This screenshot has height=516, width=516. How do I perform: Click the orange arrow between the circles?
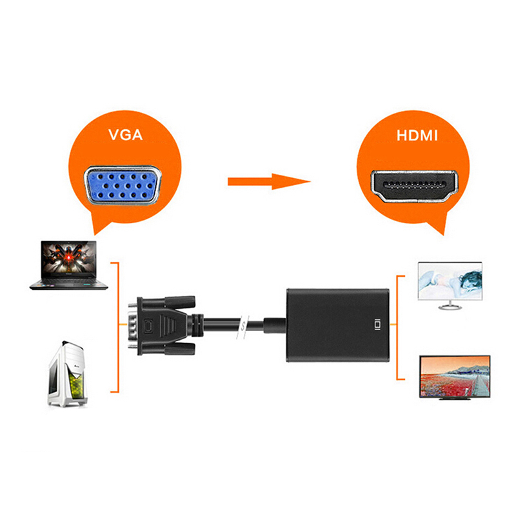pyautogui.click(x=268, y=181)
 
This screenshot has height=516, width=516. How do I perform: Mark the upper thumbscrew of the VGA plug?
pyautogui.click(x=180, y=301)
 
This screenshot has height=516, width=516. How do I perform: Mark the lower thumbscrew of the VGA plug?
pyautogui.click(x=180, y=349)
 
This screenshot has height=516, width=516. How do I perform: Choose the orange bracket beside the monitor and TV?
pyautogui.click(x=400, y=327)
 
